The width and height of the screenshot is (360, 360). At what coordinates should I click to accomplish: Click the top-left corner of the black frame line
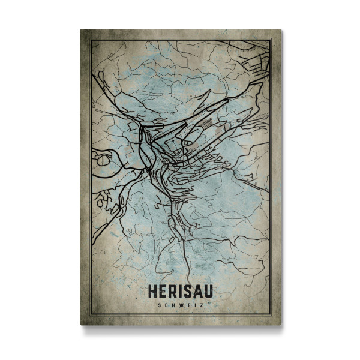tap(90, 40)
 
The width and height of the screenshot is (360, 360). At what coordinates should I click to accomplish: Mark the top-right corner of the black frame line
tap(271, 40)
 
